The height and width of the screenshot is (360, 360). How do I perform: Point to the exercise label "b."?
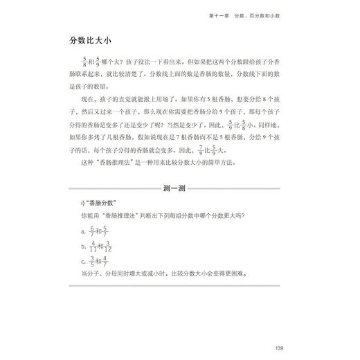tap(82, 246)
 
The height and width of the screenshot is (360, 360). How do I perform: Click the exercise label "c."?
tap(82, 262)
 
